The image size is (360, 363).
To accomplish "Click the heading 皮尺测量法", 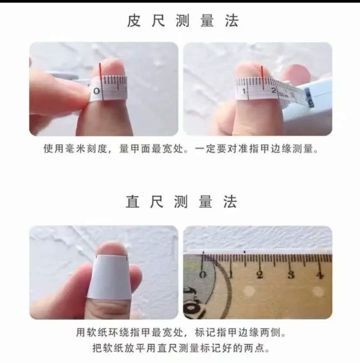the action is coord(183,21).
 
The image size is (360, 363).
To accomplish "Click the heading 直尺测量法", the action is coord(182,202).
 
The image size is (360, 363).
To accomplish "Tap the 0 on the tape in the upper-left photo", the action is coord(97,91).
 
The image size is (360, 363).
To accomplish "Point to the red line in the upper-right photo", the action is coord(262,78).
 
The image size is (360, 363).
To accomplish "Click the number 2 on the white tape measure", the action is coord(274,90).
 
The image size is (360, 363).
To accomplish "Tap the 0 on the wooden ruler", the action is coord(203,275).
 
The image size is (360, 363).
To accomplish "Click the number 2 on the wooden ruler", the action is coord(260,275).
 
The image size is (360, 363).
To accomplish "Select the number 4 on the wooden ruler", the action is coord(320,275).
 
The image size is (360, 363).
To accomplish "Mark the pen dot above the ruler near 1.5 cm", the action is coord(245,252).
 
